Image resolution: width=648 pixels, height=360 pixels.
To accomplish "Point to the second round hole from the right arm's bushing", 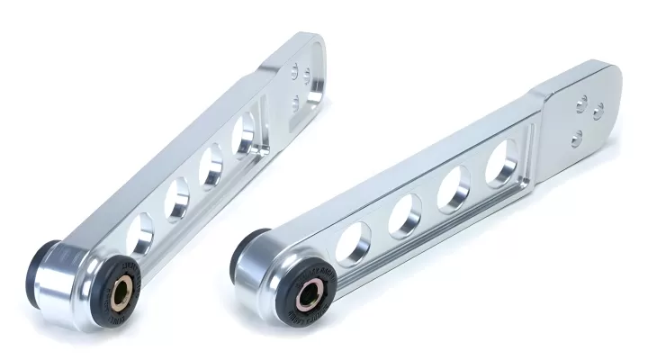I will click(403, 216).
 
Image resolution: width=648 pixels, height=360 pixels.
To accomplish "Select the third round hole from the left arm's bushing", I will click(211, 166).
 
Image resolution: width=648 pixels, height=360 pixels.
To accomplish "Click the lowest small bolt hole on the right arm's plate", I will click(577, 136).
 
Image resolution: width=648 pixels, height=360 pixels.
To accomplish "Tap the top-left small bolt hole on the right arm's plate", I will click(582, 100).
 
